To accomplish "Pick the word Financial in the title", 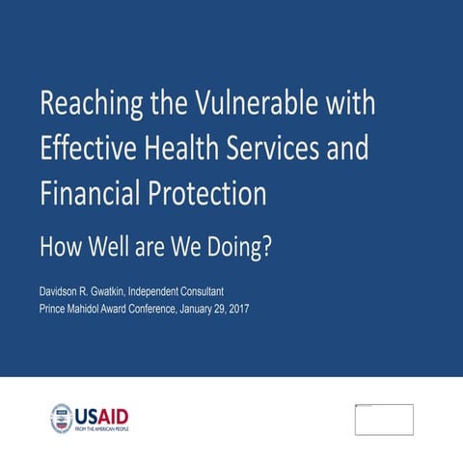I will point(90,194).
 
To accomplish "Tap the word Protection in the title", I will point(206,194).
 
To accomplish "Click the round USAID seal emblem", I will point(62,418).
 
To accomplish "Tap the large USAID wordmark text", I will point(102,416).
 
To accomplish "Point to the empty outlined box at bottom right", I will point(384,420).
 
